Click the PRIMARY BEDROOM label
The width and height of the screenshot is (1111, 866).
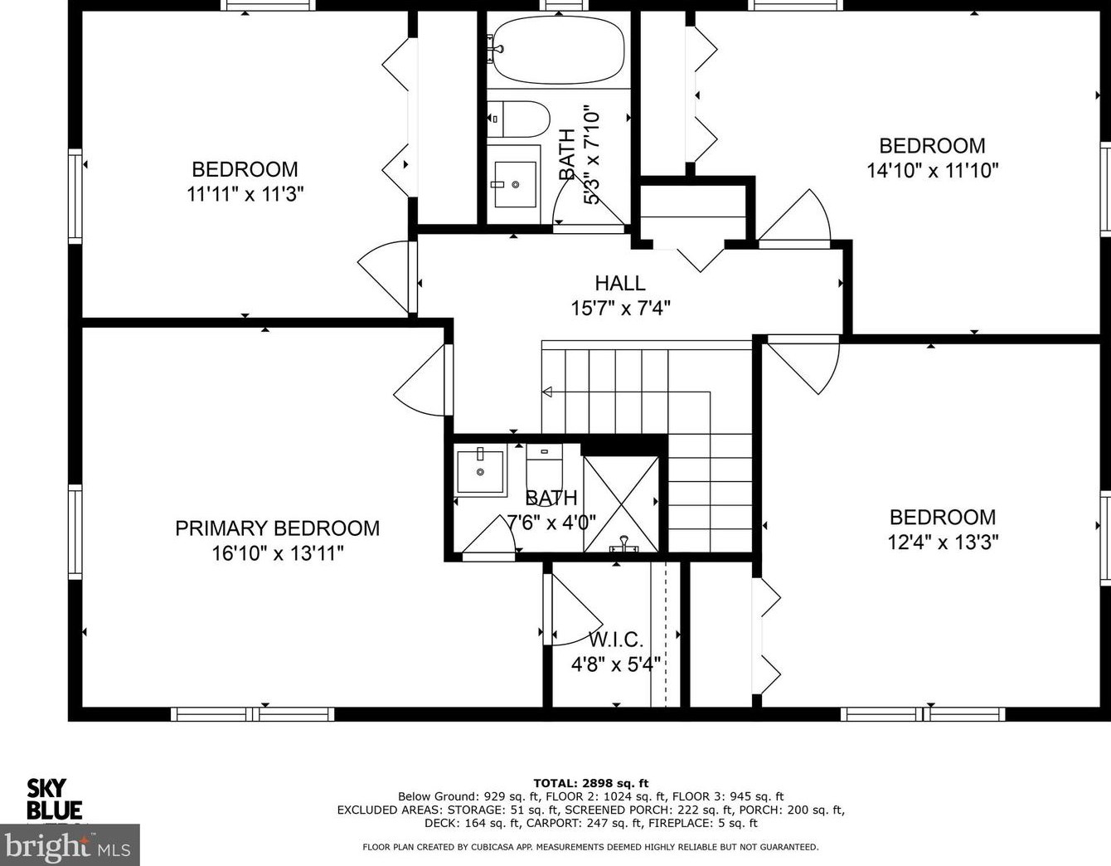(x=277, y=528)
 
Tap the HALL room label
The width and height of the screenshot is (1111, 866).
(x=620, y=284)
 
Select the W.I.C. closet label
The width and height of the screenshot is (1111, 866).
(x=616, y=640)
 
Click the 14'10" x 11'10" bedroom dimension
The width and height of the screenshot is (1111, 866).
(x=933, y=170)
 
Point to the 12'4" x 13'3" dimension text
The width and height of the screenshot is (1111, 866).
(x=943, y=542)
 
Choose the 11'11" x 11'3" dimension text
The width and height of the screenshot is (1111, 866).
(x=245, y=194)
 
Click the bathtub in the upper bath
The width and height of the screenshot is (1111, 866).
(x=557, y=50)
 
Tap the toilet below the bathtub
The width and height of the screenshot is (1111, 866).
(x=518, y=119)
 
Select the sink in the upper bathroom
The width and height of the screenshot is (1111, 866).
(x=514, y=184)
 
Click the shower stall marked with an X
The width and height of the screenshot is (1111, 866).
(x=621, y=504)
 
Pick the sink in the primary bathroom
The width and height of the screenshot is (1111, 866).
(x=481, y=470)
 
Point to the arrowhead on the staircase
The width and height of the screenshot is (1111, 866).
(x=547, y=392)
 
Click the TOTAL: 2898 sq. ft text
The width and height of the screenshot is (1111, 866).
(x=590, y=783)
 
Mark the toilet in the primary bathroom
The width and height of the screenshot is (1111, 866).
(x=545, y=468)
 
